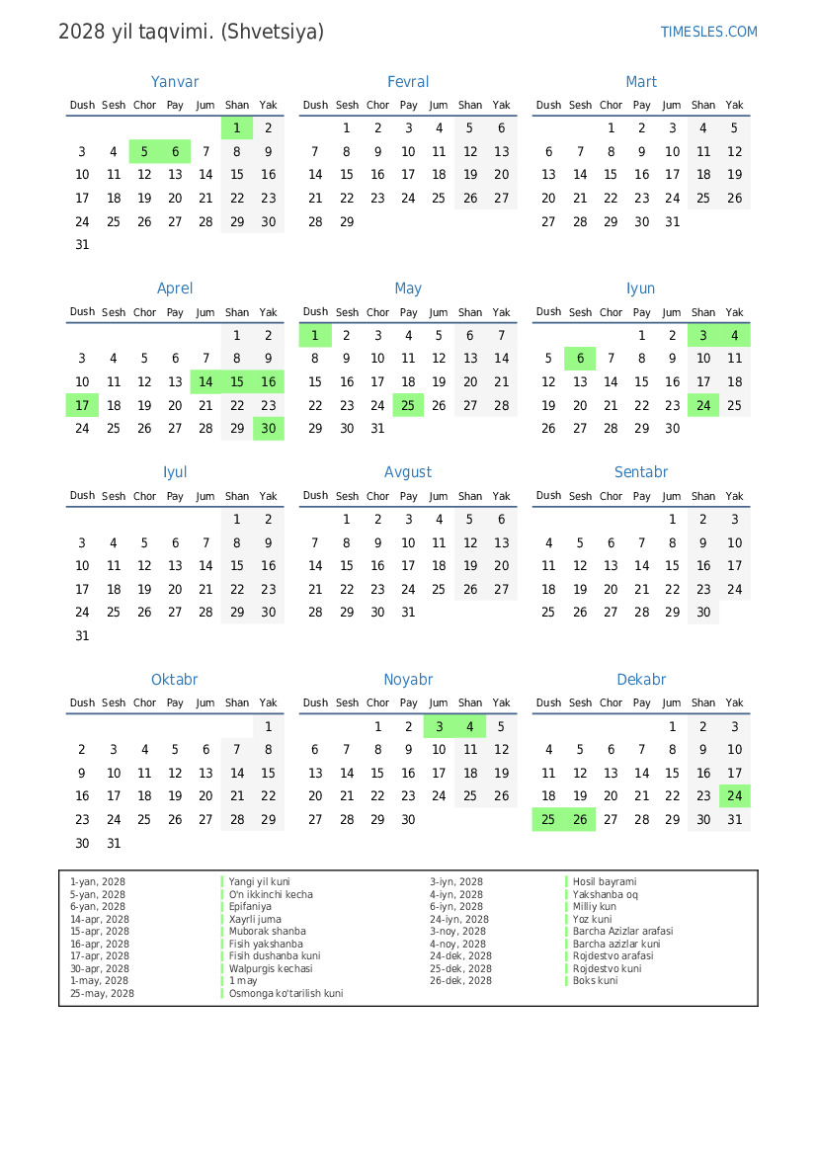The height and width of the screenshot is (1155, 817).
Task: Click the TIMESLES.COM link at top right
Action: [708, 32]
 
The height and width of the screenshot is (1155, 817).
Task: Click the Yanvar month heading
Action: [175, 82]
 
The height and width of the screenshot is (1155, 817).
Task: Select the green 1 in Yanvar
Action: [237, 127]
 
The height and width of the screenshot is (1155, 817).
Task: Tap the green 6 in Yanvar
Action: [175, 151]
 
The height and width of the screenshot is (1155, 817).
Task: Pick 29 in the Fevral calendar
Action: [346, 222]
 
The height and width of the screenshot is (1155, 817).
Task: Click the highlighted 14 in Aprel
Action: [205, 382]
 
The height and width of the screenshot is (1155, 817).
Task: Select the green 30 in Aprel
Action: [268, 429]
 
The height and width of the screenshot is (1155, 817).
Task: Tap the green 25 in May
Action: [408, 405]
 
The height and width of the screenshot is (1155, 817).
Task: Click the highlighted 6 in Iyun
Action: [580, 359]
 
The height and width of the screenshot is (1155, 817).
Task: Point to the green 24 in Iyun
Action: [703, 405]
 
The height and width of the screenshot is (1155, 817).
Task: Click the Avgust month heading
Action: [408, 472]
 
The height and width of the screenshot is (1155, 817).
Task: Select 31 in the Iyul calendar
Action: [82, 636]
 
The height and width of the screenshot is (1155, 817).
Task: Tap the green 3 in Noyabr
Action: [439, 726]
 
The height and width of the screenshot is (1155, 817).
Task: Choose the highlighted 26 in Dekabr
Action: [580, 819]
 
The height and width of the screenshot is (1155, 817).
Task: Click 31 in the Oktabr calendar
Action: [114, 844]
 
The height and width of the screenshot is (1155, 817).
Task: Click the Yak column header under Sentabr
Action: [734, 496]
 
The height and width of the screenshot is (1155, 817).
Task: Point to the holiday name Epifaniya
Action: [250, 906]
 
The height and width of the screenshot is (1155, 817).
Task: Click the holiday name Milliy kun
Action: [595, 906]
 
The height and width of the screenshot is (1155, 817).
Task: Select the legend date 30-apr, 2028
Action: [99, 968]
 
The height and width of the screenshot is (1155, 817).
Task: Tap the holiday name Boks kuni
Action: [596, 980]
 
